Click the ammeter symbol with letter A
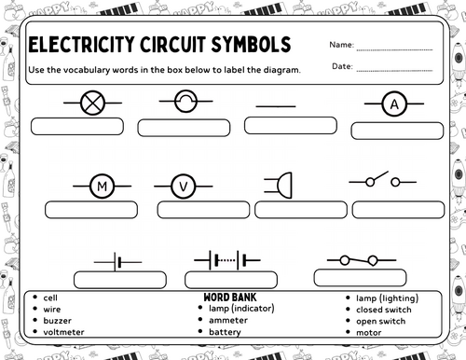point(393,105)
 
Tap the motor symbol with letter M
point(102,187)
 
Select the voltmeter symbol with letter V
point(183,187)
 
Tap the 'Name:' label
point(341,45)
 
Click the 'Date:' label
point(341,65)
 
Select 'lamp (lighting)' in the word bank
point(386,298)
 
